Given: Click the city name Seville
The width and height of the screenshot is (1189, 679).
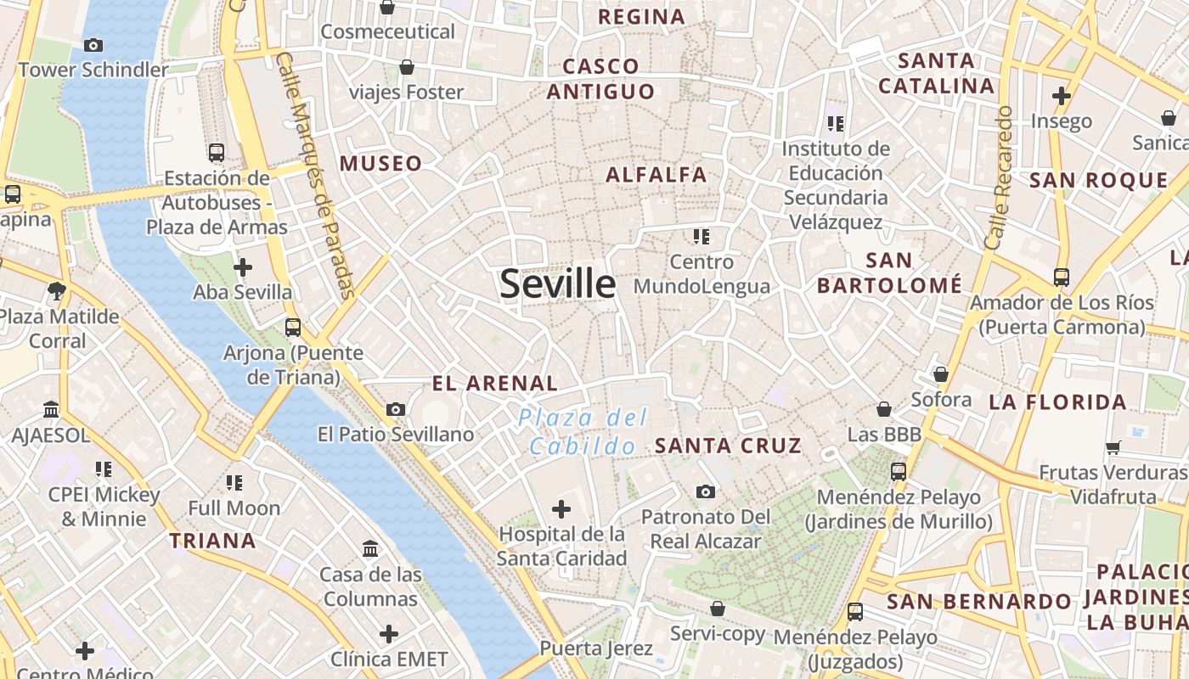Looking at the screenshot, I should [557, 283].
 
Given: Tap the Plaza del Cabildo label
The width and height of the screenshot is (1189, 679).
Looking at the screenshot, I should [583, 431].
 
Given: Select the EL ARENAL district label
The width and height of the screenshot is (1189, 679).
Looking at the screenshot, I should [495, 384].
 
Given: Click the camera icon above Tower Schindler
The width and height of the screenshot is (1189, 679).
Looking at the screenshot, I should [93, 46].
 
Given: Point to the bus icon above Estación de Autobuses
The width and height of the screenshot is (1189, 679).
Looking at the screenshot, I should [217, 153].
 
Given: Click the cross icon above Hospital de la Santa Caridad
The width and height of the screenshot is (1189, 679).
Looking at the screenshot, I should [561, 509].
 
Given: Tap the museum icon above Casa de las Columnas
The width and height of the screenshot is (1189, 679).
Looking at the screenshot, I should [370, 549].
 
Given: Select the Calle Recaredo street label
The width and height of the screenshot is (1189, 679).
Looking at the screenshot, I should [999, 178].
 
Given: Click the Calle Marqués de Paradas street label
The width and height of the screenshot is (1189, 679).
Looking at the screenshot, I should [316, 176].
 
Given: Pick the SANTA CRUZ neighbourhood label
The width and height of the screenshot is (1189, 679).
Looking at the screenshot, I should [728, 446].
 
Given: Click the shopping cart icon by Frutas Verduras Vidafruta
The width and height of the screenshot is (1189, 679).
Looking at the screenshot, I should [1113, 447].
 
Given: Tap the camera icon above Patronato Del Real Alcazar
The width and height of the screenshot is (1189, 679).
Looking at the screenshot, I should [705, 491].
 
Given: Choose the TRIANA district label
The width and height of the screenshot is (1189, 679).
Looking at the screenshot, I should [212, 541].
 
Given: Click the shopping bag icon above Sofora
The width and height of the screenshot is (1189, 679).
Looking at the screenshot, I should [940, 374].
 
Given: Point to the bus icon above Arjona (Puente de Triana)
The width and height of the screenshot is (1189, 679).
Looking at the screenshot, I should [293, 327].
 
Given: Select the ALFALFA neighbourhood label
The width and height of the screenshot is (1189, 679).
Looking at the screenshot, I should [656, 175].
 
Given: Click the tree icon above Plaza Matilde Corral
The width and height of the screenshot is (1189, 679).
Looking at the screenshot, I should [57, 292].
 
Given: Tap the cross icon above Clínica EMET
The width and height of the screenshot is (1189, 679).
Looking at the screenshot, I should [389, 634].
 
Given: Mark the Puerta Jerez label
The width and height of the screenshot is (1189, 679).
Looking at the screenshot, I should [596, 649].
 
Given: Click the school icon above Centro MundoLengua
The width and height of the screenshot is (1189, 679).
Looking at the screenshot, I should [701, 237].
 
